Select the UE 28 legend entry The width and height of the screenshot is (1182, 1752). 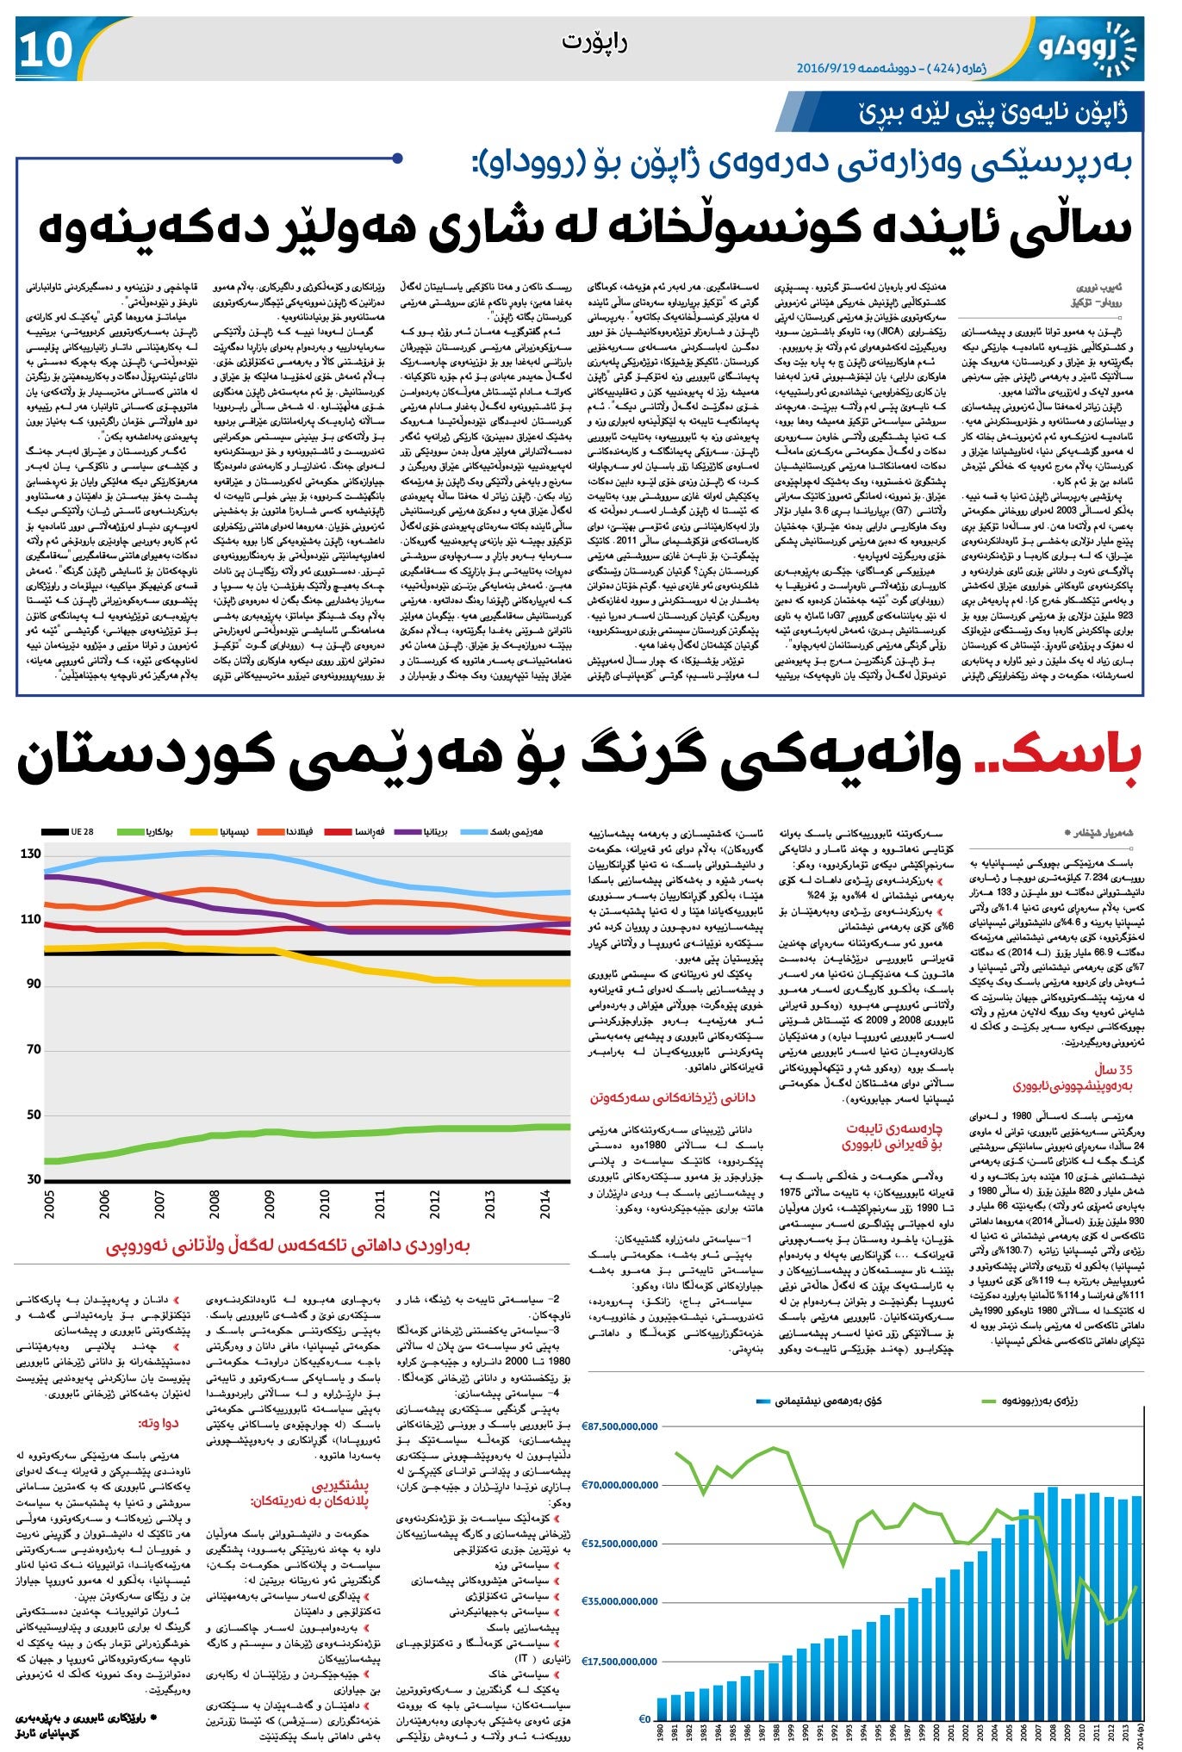(70, 832)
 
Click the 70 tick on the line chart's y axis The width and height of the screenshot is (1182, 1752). (33, 1049)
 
